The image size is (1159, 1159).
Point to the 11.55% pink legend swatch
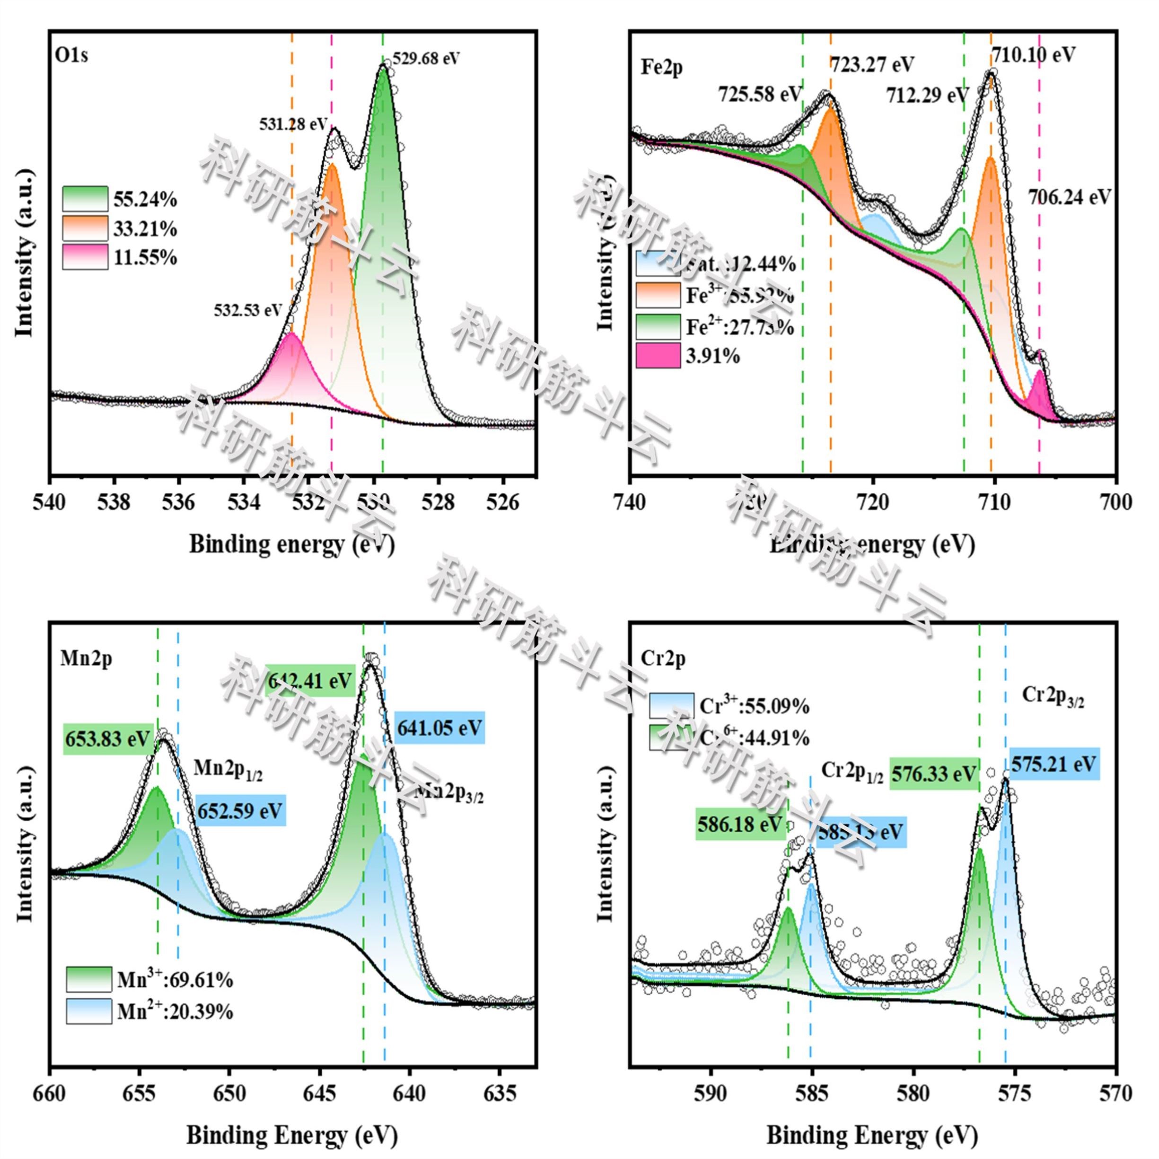point(85,257)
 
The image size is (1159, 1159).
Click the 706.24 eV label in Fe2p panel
point(1069,196)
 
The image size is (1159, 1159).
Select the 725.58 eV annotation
point(759,95)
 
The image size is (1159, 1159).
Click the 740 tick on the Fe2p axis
point(630,501)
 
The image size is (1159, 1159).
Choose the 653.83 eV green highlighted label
point(107,739)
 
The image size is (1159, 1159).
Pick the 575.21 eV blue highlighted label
point(1054,764)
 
